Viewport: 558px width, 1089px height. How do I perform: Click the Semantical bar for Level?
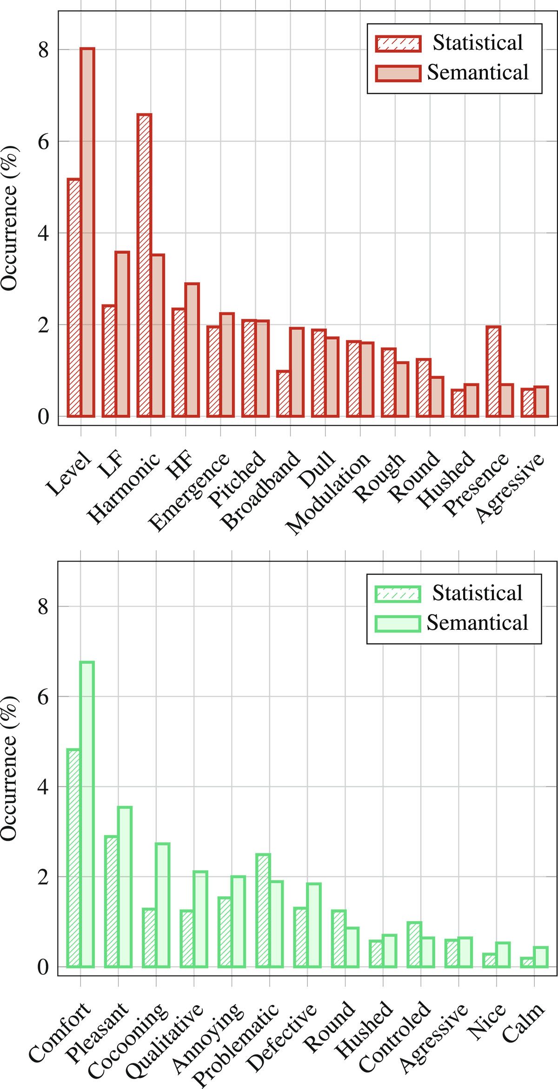[87, 232]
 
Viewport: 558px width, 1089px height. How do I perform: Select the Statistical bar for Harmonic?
[144, 265]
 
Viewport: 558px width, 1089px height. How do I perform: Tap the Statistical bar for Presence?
[493, 371]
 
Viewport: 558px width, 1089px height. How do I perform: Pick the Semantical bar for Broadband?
[297, 372]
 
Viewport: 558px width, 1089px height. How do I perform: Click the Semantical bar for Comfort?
[87, 814]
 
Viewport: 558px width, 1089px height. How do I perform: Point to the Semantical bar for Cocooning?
[162, 904]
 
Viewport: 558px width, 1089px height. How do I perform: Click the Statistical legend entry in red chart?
[449, 43]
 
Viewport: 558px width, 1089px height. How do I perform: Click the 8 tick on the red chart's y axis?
[44, 49]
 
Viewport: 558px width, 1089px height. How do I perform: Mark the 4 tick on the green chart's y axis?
[43, 787]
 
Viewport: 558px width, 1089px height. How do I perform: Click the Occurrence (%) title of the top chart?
[9, 218]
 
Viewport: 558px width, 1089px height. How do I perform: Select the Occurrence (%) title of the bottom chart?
[9, 769]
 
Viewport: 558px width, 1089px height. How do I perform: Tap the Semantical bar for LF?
[122, 334]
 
